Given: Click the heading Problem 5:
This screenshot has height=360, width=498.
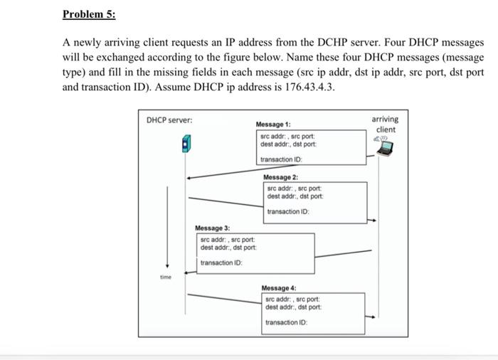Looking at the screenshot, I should [x=89, y=14].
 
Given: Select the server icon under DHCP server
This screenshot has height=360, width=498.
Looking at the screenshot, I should [x=186, y=147].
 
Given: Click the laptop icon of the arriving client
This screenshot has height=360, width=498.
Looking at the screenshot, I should [x=385, y=148].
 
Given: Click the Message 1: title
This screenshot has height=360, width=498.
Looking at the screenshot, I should [x=273, y=125].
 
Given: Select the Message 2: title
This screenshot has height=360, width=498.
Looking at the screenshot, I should [x=280, y=177].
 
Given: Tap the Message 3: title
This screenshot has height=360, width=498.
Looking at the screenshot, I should [x=213, y=228].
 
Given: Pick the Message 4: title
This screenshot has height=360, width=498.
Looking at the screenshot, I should [x=278, y=288].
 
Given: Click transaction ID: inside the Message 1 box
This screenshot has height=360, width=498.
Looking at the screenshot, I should [x=284, y=159].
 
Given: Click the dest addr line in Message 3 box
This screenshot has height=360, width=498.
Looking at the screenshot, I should [x=228, y=248].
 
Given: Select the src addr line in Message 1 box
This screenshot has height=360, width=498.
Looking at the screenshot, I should [x=288, y=136].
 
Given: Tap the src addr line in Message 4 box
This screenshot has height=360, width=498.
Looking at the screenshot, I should [x=293, y=300].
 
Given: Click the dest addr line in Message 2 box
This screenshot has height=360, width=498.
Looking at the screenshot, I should [x=295, y=196].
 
